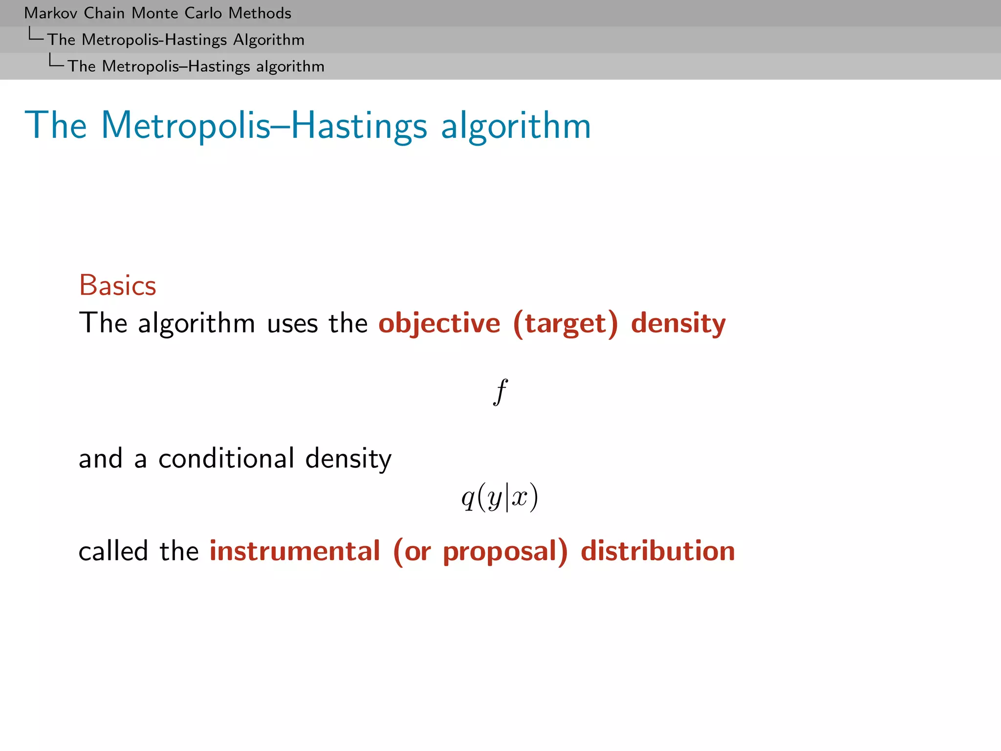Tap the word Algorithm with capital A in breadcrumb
pos(268,40)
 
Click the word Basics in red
pos(117,285)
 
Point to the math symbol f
pos(500,392)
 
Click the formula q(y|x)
pos(500,497)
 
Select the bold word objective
pos(439,323)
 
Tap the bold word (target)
pos(566,323)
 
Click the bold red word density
pos(678,323)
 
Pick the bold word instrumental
pos(295,551)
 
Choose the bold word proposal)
pos(505,552)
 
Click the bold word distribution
pos(657,551)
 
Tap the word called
pos(113,551)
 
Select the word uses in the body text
pos(292,324)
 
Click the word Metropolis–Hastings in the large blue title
pos(264,126)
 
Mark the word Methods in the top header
pos(260,13)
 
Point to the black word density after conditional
pos(348,459)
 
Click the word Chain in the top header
pos(104,13)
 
